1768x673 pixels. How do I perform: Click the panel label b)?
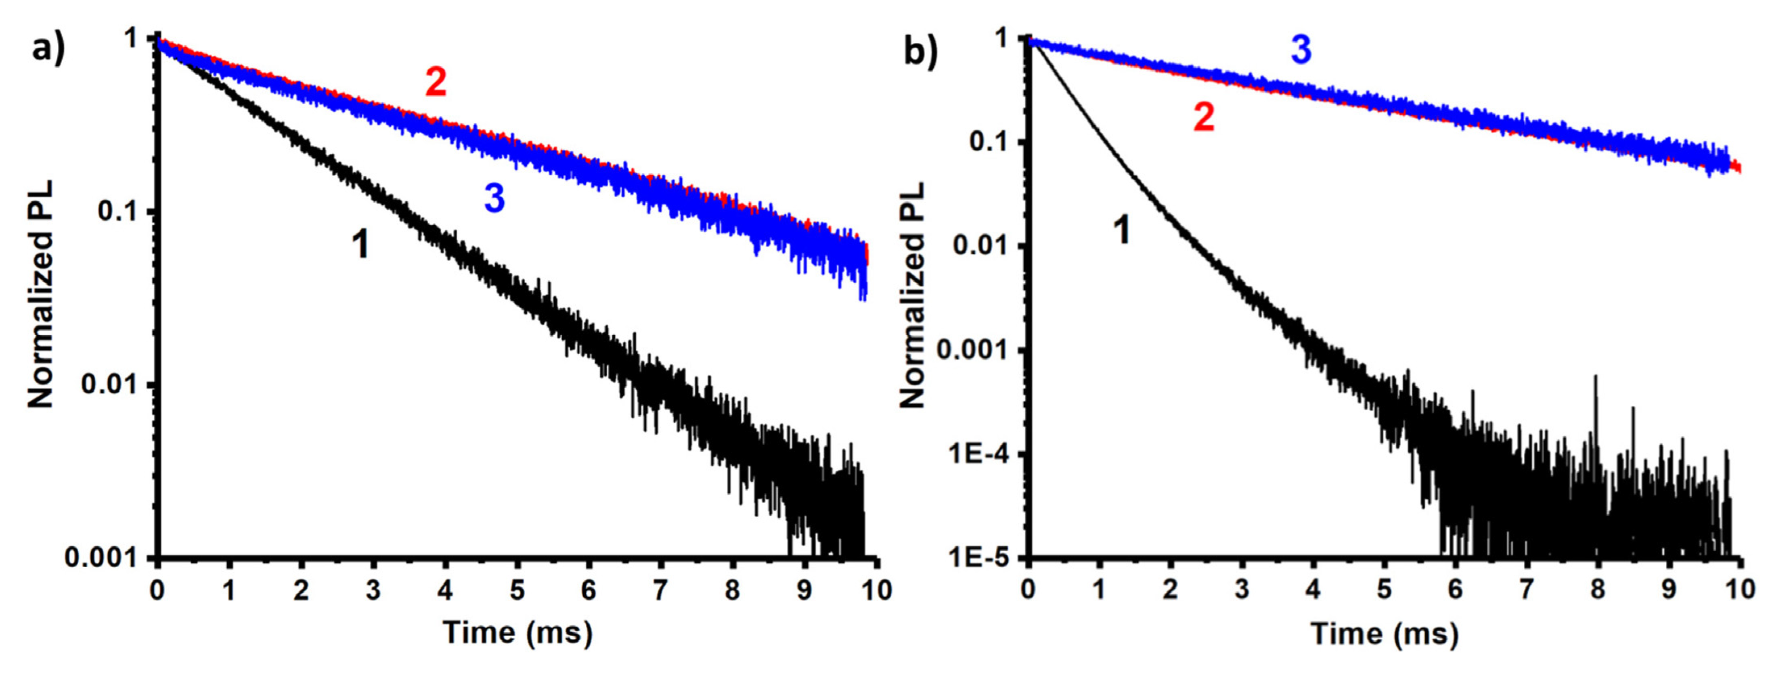tap(920, 49)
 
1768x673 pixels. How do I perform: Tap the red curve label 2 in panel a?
tap(436, 83)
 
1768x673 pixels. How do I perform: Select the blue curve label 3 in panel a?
tap(494, 198)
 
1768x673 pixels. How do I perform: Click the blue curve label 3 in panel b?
tap(1301, 50)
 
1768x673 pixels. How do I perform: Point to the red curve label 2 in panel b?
tap(1204, 118)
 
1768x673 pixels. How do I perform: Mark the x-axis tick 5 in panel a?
tap(517, 590)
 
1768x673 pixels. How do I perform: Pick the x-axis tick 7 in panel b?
tap(1526, 590)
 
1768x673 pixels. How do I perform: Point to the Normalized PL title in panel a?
tap(40, 295)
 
